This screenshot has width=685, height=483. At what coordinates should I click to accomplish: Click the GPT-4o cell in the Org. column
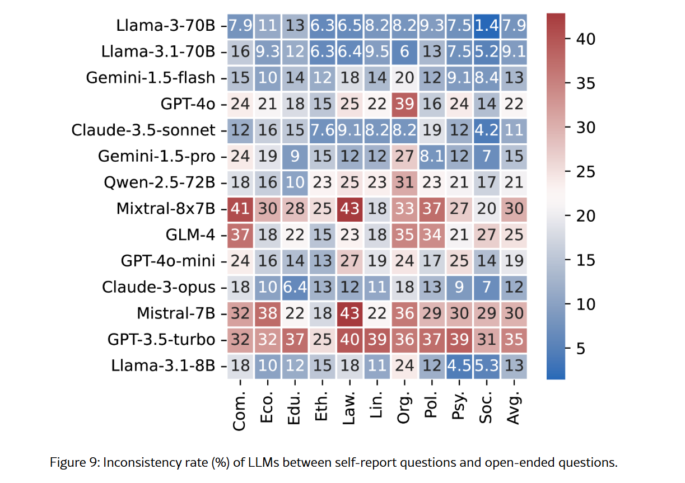405,104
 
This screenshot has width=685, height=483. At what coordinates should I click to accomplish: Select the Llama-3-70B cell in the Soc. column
487,26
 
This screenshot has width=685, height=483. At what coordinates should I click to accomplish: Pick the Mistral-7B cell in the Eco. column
268,313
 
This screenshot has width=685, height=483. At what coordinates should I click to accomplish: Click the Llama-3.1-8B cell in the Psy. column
459,366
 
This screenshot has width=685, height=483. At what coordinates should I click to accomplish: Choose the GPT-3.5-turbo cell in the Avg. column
514,340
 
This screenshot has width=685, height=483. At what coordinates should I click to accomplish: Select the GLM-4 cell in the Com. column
241,235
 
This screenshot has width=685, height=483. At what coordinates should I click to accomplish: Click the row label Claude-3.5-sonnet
143,130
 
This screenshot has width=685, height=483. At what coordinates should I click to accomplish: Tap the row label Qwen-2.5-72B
159,183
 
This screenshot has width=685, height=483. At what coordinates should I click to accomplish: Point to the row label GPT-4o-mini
168,261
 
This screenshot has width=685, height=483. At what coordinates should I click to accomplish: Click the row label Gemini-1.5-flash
151,78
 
